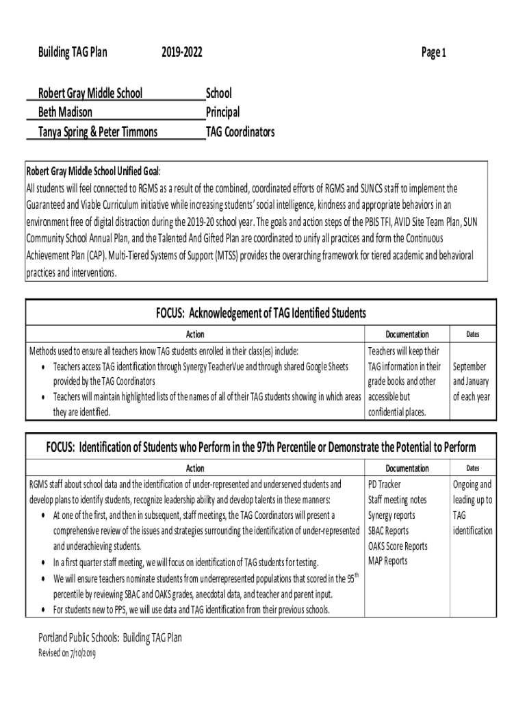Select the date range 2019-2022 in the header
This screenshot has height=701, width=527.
pyautogui.click(x=182, y=52)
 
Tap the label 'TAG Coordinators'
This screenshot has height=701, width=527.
pyautogui.click(x=240, y=131)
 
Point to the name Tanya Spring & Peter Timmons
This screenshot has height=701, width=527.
pyautogui.click(x=92, y=131)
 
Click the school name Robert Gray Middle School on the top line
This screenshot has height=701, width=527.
pyautogui.click(x=85, y=92)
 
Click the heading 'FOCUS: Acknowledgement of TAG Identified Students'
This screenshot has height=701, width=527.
pyautogui.click(x=260, y=313)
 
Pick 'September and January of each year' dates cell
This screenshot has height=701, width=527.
pyautogui.click(x=471, y=381)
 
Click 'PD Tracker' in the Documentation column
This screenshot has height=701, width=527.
pyautogui.click(x=385, y=484)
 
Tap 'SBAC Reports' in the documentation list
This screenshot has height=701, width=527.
pyautogui.click(x=388, y=531)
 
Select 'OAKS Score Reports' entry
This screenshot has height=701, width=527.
pyautogui.click(x=398, y=546)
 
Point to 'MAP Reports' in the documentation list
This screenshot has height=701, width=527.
pyautogui.click(x=387, y=561)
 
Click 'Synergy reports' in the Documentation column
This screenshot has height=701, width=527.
pyautogui.click(x=391, y=515)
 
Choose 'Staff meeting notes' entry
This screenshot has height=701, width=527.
pyautogui.click(x=397, y=500)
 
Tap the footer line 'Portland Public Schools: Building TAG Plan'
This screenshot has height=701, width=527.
pyautogui.click(x=110, y=638)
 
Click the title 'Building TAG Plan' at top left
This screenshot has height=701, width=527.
pyautogui.click(x=73, y=52)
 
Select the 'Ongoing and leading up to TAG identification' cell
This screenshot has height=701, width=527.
pyautogui.click(x=472, y=507)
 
